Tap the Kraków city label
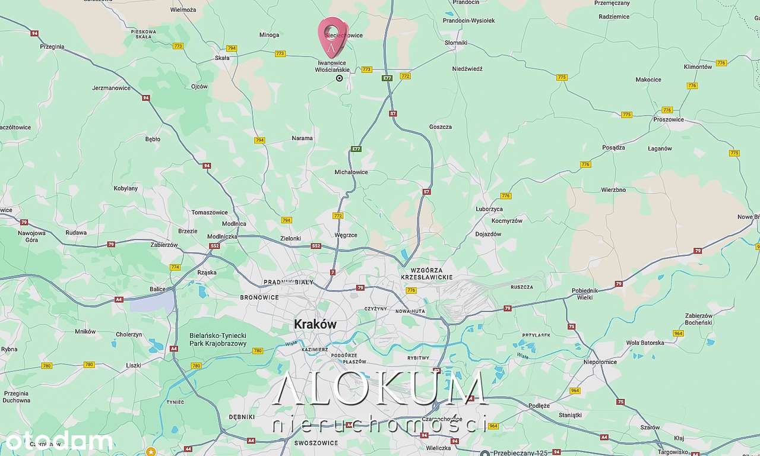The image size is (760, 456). [315, 324]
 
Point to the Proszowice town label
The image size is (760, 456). [668, 119]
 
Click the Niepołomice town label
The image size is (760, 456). [600, 362]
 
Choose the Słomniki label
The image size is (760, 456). [456, 43]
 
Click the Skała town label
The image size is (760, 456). [222, 58]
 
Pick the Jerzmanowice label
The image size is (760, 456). [111, 88]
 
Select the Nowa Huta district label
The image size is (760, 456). [410, 311]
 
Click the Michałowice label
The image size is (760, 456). [351, 172]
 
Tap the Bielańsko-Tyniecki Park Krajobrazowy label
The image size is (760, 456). [218, 340]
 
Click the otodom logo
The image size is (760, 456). [58, 441]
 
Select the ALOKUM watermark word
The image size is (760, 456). [380, 389]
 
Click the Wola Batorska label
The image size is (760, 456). [645, 343]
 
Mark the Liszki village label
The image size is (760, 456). [133, 366]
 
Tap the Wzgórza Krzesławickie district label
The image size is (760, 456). [427, 274]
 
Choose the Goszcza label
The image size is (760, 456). [440, 126]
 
